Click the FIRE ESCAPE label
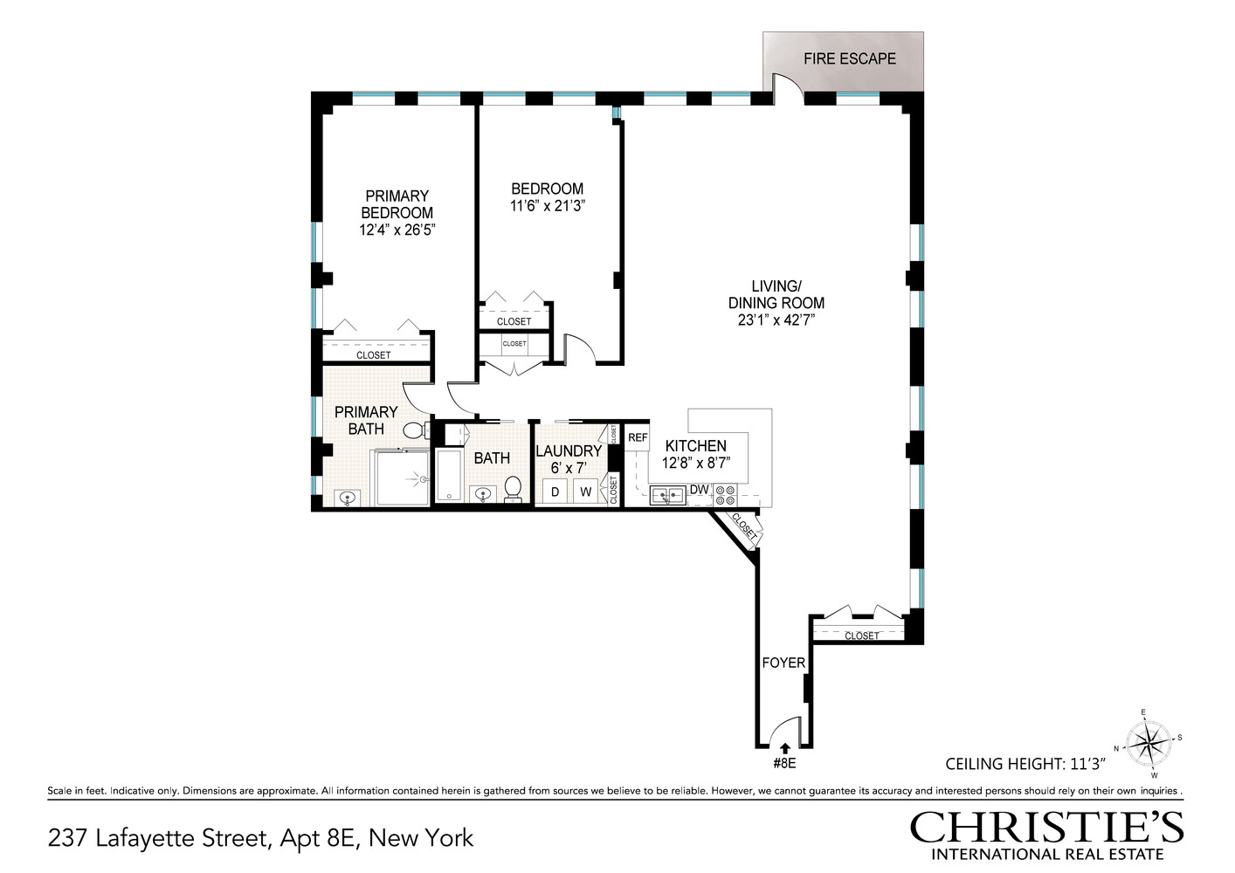849,59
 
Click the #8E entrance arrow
784,747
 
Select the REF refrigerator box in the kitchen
638,437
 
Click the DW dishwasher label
699,490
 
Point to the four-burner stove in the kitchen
725,495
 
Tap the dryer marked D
555,491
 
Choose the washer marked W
585,491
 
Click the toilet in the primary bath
415,430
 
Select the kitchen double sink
666,496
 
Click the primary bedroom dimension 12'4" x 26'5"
397,230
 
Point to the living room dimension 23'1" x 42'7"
776,320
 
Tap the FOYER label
783,663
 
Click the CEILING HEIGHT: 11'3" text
1025,764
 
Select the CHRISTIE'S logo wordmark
1046,826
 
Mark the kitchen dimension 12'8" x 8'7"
695,463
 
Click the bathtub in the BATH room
448,476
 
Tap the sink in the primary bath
348,498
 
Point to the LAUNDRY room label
569,450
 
